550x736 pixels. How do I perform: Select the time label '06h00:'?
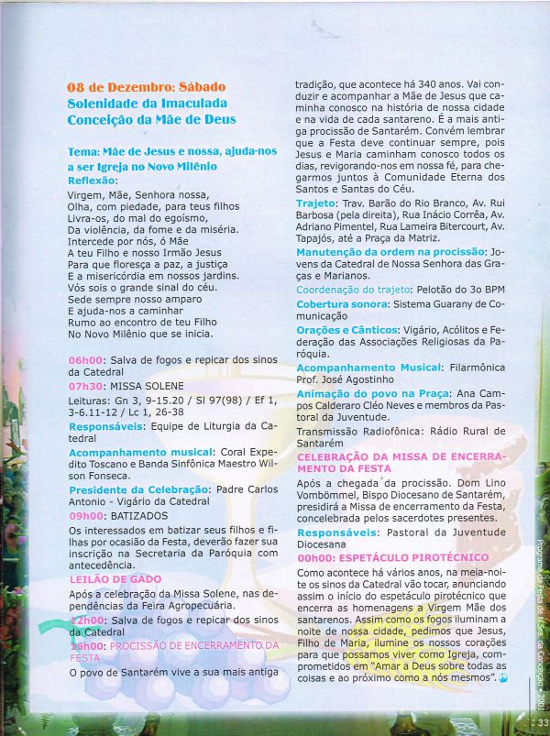[x=87, y=360]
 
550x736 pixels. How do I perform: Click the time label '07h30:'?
[x=87, y=386]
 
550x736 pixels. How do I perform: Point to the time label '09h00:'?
[x=87, y=516]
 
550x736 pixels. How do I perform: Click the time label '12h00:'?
[x=87, y=620]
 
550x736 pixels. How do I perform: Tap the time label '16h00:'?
[x=87, y=645]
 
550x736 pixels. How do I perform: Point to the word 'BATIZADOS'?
[x=141, y=516]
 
